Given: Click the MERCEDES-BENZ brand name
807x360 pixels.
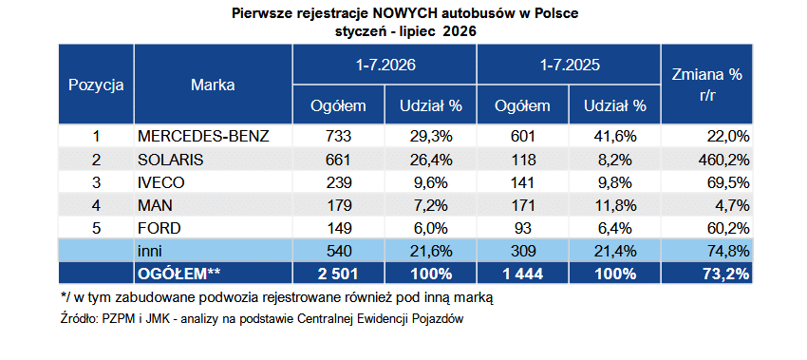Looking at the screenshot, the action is [x=203, y=137].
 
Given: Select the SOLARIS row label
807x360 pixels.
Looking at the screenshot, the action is [x=170, y=160].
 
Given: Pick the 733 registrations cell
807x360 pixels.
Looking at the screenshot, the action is [x=338, y=137].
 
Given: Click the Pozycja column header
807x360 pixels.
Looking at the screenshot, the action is [x=96, y=85].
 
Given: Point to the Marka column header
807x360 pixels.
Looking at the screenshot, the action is [x=213, y=85].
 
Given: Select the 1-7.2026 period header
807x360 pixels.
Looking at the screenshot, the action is [x=385, y=66].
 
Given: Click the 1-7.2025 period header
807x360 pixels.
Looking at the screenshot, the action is [x=569, y=66].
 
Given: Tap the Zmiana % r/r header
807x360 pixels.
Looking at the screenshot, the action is [x=706, y=85].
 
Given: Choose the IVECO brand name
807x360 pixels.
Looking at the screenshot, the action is [x=161, y=182].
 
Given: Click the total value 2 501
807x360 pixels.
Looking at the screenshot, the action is [x=338, y=274].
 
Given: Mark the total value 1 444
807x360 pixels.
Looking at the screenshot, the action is [x=522, y=274].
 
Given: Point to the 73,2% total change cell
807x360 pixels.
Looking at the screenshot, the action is [x=726, y=274].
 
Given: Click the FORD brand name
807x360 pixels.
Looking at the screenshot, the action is [x=160, y=228].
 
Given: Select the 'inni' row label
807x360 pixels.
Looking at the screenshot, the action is [x=149, y=252].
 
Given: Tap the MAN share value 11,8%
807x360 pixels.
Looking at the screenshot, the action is [x=615, y=205].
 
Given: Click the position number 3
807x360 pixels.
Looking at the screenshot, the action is [x=96, y=182].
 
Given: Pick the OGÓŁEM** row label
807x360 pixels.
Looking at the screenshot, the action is [x=179, y=274].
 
